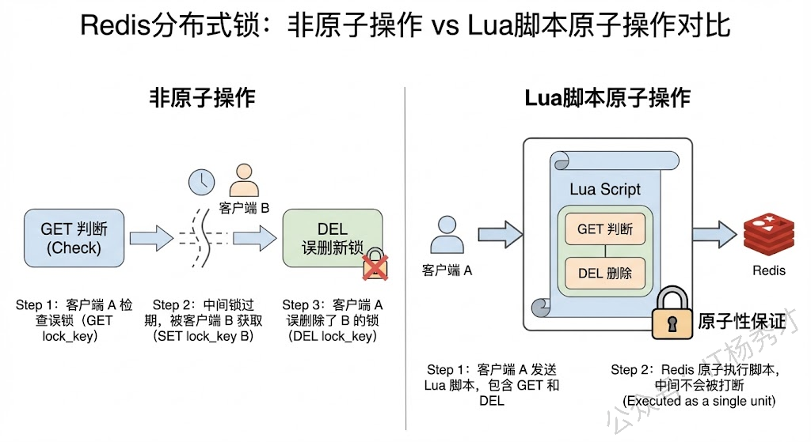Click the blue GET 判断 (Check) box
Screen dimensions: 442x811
click(x=74, y=238)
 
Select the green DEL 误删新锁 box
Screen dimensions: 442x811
click(x=332, y=238)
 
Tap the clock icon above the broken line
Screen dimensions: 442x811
click(x=201, y=182)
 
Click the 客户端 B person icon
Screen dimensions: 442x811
click(x=243, y=180)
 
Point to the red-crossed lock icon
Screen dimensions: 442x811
click(x=375, y=266)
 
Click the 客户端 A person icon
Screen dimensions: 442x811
click(x=447, y=234)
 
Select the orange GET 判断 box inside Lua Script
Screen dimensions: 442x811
click(x=604, y=229)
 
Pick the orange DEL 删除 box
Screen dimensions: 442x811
click(x=604, y=273)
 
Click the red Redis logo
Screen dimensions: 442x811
click(x=768, y=233)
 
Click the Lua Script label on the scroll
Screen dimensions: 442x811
click(x=605, y=189)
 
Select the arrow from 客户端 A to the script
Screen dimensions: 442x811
click(x=501, y=234)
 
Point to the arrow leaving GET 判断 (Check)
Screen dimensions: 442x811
click(x=150, y=237)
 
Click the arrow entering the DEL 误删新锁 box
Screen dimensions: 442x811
click(x=253, y=237)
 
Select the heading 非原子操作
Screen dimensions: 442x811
click(x=203, y=98)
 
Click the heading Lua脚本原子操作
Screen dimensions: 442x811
click(x=607, y=98)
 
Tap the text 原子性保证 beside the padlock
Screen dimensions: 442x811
click(x=742, y=322)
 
